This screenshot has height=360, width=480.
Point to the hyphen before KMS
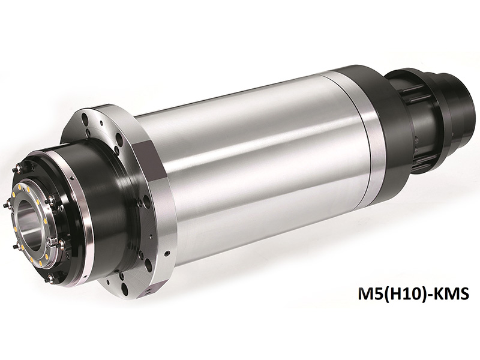(x=424, y=295)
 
